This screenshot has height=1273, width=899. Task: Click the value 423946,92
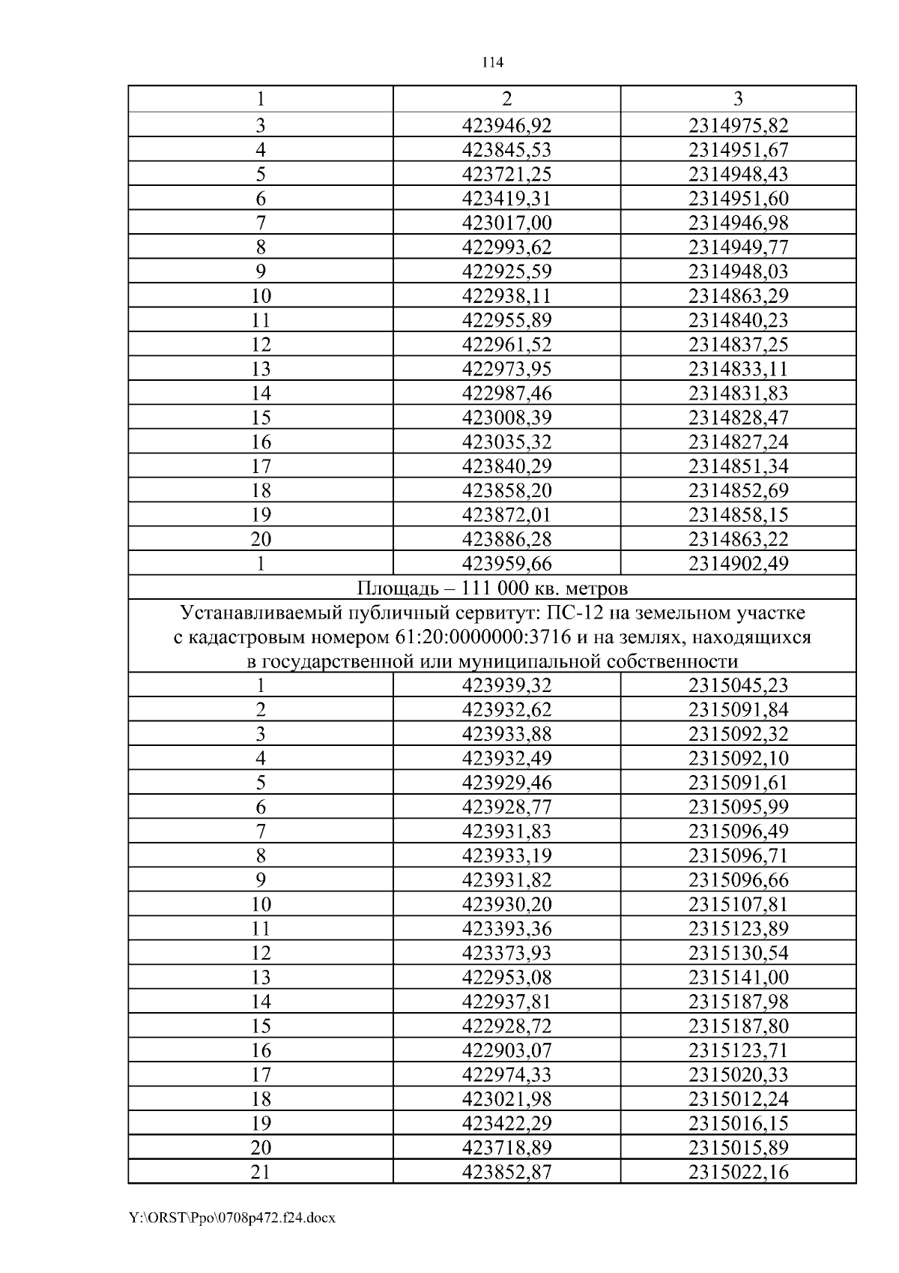(x=506, y=125)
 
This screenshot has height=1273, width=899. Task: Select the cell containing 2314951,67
(x=738, y=149)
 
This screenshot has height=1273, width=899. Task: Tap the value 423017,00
(x=506, y=223)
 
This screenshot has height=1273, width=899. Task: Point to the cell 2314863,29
(x=738, y=295)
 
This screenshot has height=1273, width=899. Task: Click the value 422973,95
(x=506, y=368)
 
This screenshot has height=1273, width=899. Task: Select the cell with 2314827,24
(x=738, y=442)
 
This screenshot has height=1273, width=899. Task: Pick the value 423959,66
(x=506, y=563)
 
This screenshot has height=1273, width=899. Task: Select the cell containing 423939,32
(x=506, y=684)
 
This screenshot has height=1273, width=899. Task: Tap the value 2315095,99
(x=738, y=807)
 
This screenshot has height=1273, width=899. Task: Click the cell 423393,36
(x=506, y=928)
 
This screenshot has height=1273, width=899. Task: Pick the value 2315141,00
(x=738, y=977)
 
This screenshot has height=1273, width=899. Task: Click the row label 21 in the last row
(x=260, y=1172)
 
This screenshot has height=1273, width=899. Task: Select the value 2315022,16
(x=738, y=1172)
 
